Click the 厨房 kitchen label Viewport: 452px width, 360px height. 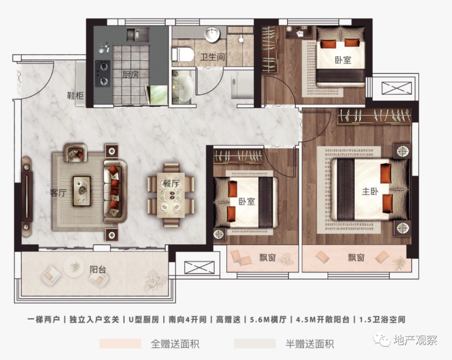coord(131,75)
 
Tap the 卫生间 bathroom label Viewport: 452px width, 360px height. coord(212,57)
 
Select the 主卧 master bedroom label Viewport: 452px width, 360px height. coord(370,191)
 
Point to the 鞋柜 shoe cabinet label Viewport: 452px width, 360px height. coord(75,95)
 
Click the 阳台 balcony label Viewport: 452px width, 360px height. coord(98,270)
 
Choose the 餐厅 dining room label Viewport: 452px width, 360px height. coord(171,183)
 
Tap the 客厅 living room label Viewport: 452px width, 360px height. coord(58,193)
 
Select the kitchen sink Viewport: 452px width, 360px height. coord(138,35)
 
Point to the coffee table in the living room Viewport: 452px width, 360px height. coord(81,191)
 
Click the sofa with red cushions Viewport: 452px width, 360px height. coord(115,191)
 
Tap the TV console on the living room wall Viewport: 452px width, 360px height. coord(27,197)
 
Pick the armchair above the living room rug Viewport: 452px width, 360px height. coord(75,152)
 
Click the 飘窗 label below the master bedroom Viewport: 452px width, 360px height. coord(356,257)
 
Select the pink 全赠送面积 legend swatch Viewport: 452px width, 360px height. coord(120,344)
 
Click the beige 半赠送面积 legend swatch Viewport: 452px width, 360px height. coord(255,344)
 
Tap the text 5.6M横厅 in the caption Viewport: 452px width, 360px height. coord(268,320)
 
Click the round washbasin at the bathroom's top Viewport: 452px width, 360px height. coord(212,34)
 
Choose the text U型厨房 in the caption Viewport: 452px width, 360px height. coord(144,320)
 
